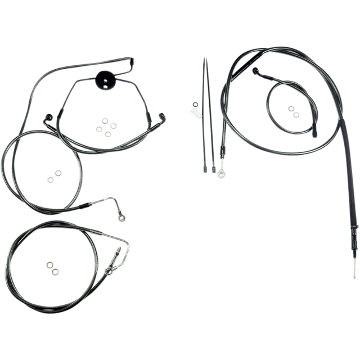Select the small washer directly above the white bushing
tap(195, 103)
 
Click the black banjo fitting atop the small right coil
tap(256, 72)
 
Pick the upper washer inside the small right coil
tap(291, 109)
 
